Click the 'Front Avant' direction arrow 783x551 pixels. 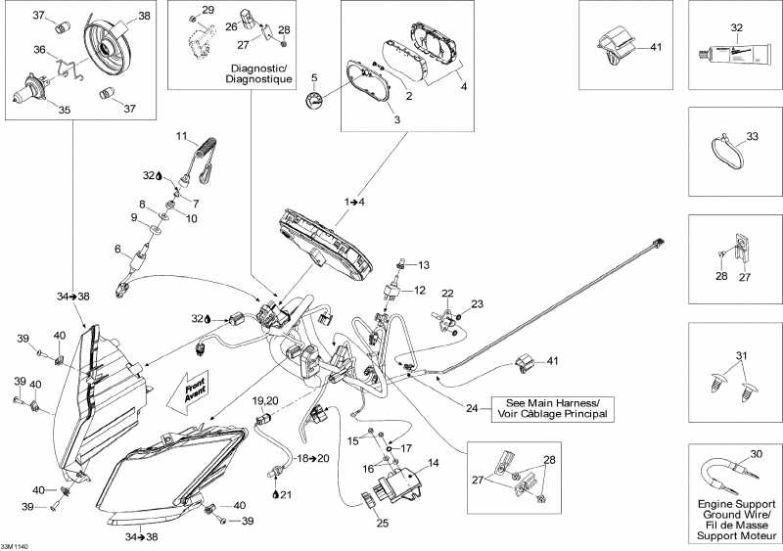click(x=194, y=389)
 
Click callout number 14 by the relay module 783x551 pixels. click(x=432, y=462)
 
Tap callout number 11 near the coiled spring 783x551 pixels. click(x=181, y=135)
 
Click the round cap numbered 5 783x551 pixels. click(x=314, y=99)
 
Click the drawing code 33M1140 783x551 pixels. click(x=15, y=546)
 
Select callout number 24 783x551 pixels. click(x=474, y=408)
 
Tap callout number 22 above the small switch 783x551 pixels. click(x=446, y=294)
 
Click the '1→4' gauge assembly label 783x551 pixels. click(x=355, y=202)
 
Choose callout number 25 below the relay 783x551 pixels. click(x=383, y=524)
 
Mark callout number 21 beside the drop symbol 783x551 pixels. click(x=287, y=494)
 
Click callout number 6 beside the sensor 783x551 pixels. click(x=117, y=249)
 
